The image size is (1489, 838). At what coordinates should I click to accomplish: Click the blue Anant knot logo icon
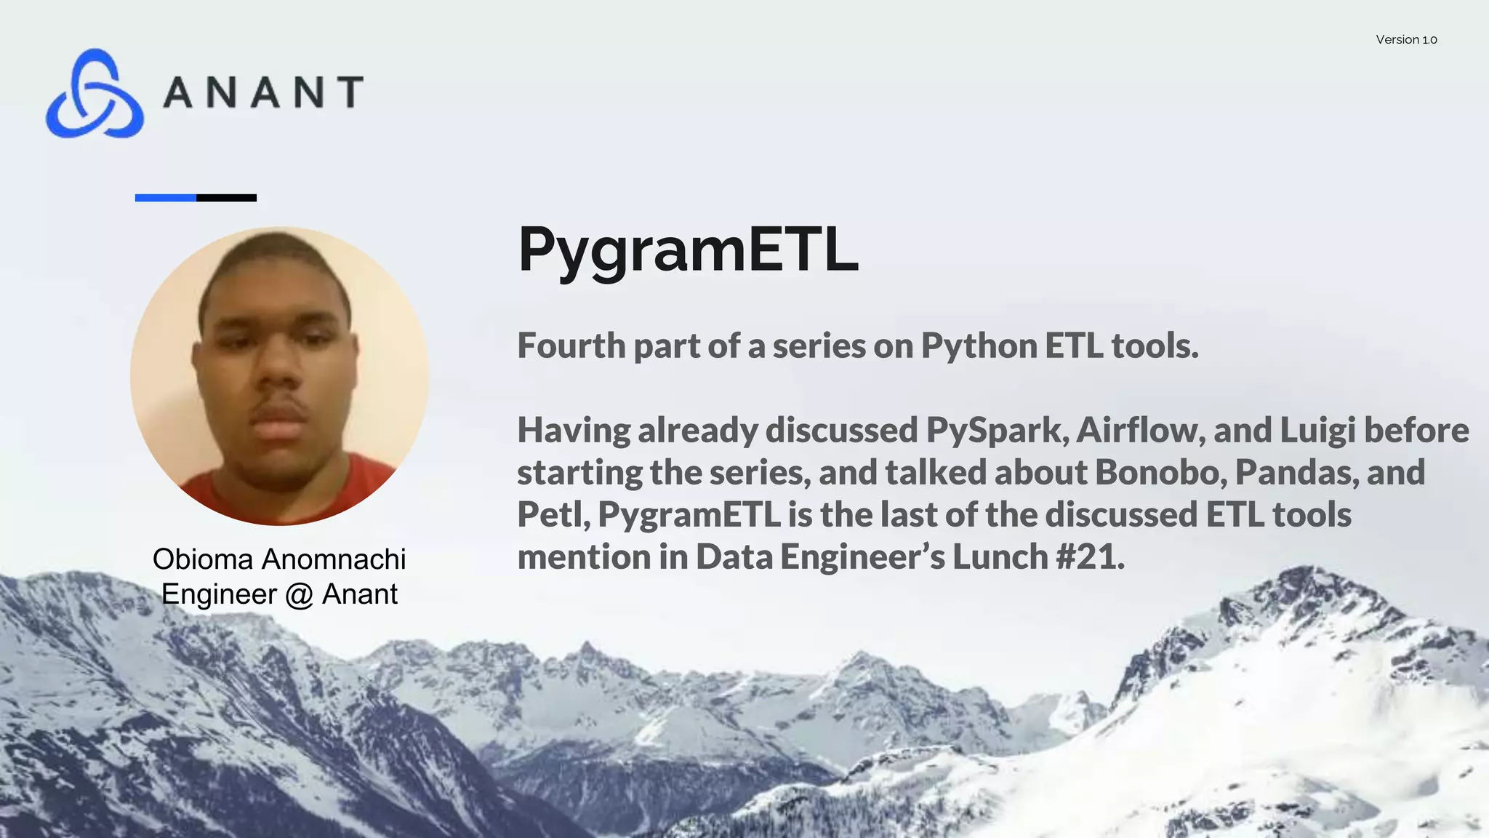[95, 94]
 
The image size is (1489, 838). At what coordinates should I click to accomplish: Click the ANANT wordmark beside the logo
[263, 92]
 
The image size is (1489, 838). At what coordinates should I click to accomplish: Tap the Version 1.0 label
[1406, 40]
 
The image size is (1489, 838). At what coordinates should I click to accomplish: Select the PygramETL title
[687, 250]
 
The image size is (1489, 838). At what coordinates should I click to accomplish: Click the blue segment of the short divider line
[166, 198]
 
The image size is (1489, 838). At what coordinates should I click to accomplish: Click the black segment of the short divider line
[227, 198]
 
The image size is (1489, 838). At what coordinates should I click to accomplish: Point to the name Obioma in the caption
[203, 559]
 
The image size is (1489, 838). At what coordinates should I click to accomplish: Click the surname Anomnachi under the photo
[334, 559]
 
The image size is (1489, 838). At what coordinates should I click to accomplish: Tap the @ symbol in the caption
[298, 595]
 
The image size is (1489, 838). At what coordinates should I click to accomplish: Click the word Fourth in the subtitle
[571, 346]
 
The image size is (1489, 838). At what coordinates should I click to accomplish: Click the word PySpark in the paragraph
[997, 430]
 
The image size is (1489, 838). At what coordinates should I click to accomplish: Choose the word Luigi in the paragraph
[1317, 430]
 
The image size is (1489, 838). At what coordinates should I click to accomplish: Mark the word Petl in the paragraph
[553, 514]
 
